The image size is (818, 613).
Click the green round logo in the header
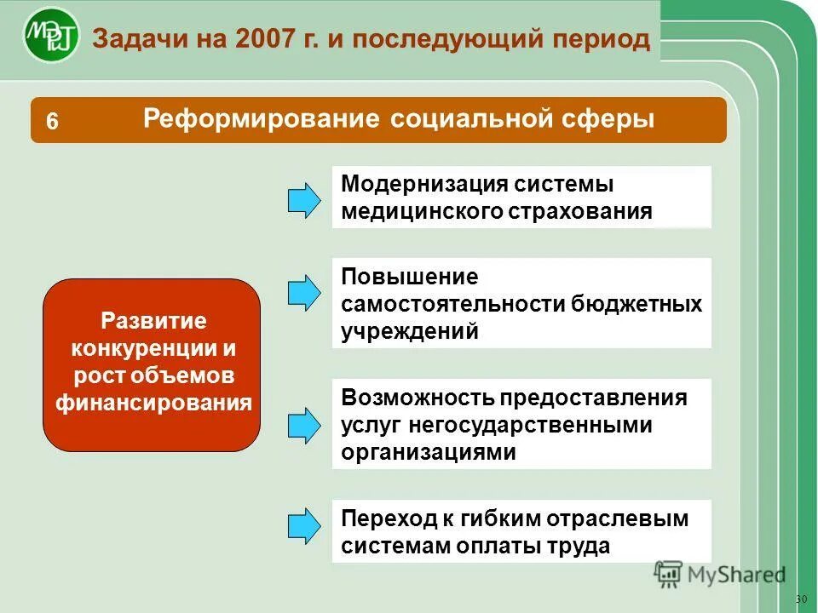[x=51, y=36]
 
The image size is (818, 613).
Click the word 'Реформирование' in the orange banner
[x=261, y=118]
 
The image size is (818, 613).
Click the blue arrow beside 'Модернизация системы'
[x=304, y=199]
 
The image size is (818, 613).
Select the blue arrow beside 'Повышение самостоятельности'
[x=304, y=292]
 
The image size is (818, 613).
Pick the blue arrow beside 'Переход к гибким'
[x=304, y=525]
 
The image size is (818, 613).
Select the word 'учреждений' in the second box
[x=410, y=331]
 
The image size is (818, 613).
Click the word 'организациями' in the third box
[x=429, y=452]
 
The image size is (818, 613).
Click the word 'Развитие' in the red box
[x=153, y=321]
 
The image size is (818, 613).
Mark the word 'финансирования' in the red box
[x=153, y=403]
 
